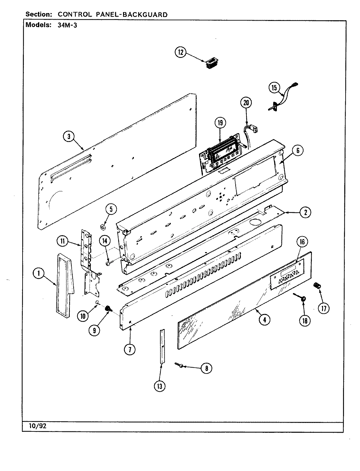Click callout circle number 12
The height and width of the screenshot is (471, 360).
pyautogui.click(x=181, y=52)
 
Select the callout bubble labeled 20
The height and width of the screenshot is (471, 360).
pyautogui.click(x=246, y=103)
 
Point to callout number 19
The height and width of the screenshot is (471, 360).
pyautogui.click(x=220, y=123)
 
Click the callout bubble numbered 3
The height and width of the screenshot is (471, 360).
pyautogui.click(x=69, y=137)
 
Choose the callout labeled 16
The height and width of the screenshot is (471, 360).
pyautogui.click(x=302, y=242)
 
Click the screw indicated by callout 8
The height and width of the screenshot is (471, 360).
pyautogui.click(x=180, y=364)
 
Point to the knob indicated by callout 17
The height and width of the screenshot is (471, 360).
pyautogui.click(x=316, y=285)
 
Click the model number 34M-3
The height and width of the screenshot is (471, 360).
pyautogui.click(x=65, y=26)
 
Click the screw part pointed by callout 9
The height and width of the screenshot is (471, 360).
pyautogui.click(x=107, y=308)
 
